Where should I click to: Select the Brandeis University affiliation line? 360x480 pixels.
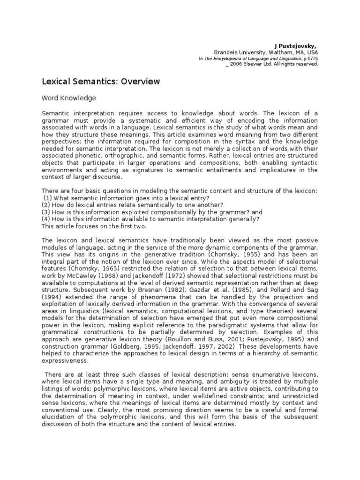tap(266, 52)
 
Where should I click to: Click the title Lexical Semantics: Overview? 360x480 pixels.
tap(101, 82)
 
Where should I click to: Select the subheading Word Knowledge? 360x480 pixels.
tap(69, 98)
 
